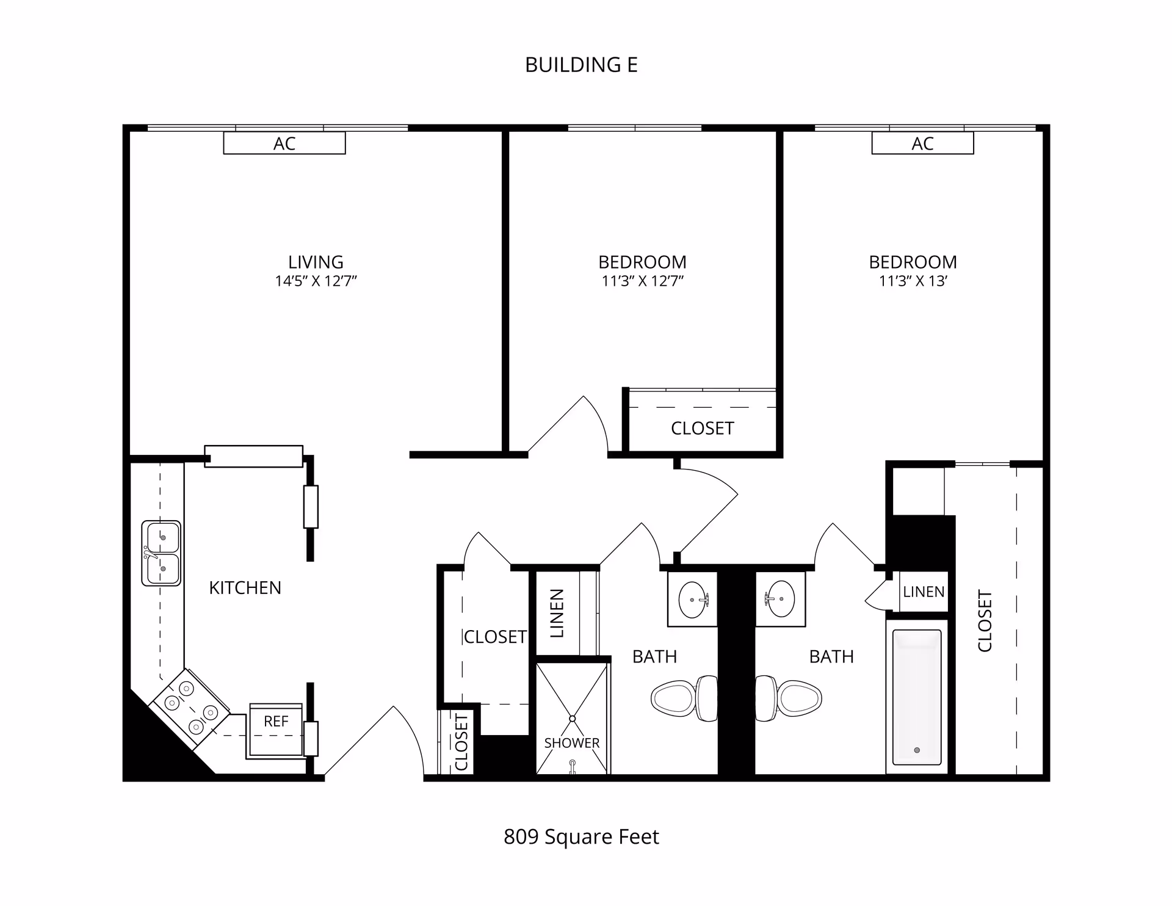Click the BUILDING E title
pyautogui.click(x=581, y=65)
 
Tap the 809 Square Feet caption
pyautogui.click(x=581, y=836)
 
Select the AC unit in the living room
pyautogui.click(x=284, y=143)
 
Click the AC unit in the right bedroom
pyautogui.click(x=922, y=143)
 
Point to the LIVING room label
pyautogui.click(x=316, y=262)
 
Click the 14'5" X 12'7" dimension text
pyautogui.click(x=316, y=281)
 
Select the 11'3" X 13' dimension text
pyautogui.click(x=913, y=281)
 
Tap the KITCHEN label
pyautogui.click(x=245, y=588)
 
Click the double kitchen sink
pyautogui.click(x=161, y=553)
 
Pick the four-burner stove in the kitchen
pyautogui.click(x=190, y=708)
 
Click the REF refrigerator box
pyautogui.click(x=276, y=730)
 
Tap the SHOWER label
pyautogui.click(x=572, y=743)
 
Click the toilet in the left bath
pyautogui.click(x=684, y=698)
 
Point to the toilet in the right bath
pyautogui.click(x=789, y=698)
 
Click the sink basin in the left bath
pyautogui.click(x=693, y=600)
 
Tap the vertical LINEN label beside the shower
pyautogui.click(x=557, y=613)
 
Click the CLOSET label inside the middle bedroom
pyautogui.click(x=702, y=429)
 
